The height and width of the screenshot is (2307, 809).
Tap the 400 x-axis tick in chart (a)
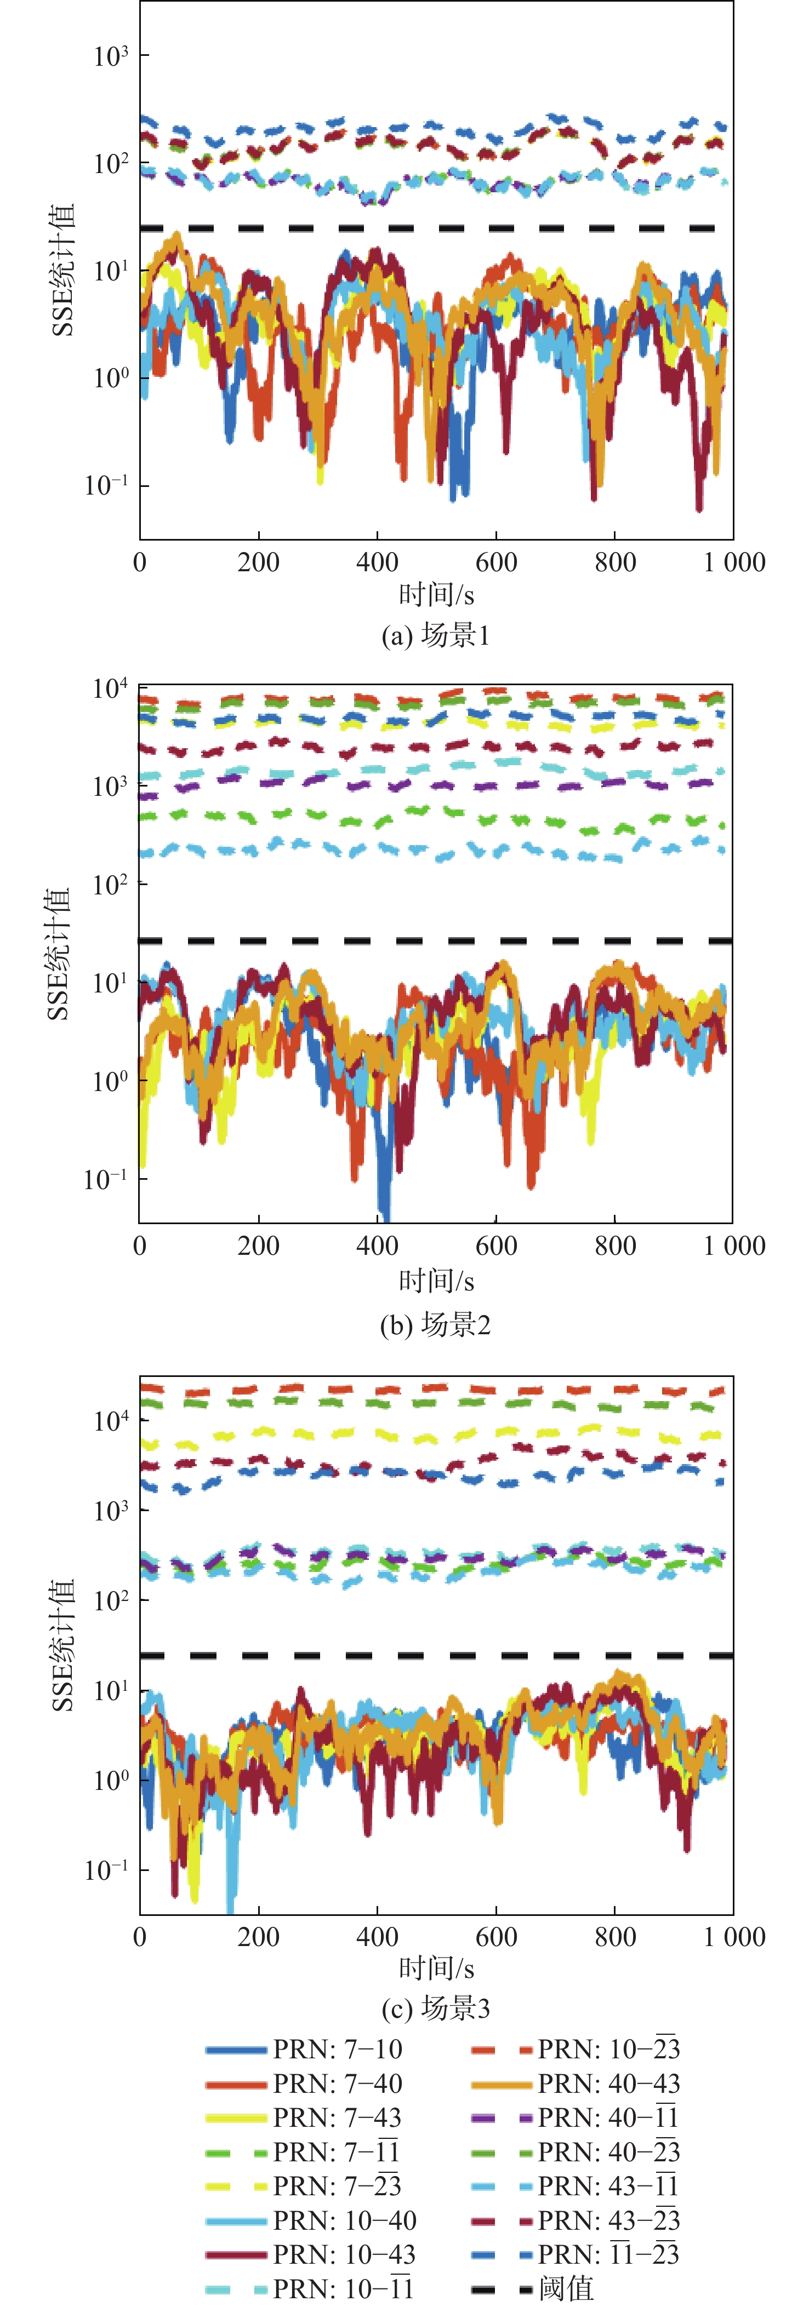pyautogui.click(x=377, y=563)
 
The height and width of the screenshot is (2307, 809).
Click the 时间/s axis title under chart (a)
pyautogui.click(x=436, y=595)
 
